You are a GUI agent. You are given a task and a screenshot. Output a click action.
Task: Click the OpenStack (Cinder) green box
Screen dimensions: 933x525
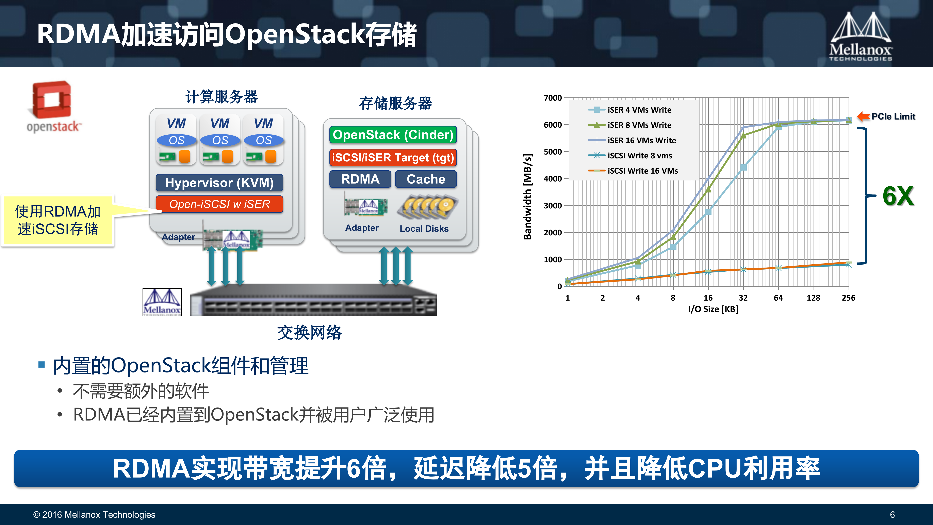pyautogui.click(x=393, y=135)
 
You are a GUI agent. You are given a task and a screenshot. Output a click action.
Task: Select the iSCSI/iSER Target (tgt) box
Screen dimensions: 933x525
pyautogui.click(x=393, y=158)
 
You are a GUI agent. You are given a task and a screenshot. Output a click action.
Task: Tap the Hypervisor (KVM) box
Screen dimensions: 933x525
pyautogui.click(x=219, y=183)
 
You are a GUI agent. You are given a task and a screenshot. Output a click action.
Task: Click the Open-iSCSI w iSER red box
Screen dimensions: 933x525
pyautogui.click(x=219, y=204)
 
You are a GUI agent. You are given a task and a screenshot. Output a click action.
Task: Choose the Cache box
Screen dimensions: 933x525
pyautogui.click(x=426, y=179)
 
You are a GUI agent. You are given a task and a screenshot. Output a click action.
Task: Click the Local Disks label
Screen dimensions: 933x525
pyautogui.click(x=424, y=229)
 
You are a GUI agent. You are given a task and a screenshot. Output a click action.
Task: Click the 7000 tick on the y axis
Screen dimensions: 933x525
pyautogui.click(x=553, y=98)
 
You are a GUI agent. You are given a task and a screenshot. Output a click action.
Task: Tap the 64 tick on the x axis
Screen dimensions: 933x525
pyautogui.click(x=778, y=298)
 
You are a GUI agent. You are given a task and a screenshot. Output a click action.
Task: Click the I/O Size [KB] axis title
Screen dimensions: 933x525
pyautogui.click(x=713, y=309)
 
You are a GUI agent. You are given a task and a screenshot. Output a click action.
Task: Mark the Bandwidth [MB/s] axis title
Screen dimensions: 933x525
pyautogui.click(x=527, y=197)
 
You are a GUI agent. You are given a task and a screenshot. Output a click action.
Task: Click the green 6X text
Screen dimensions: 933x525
pyautogui.click(x=898, y=196)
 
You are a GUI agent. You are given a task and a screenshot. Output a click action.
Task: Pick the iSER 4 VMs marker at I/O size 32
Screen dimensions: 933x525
pyautogui.click(x=743, y=167)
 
